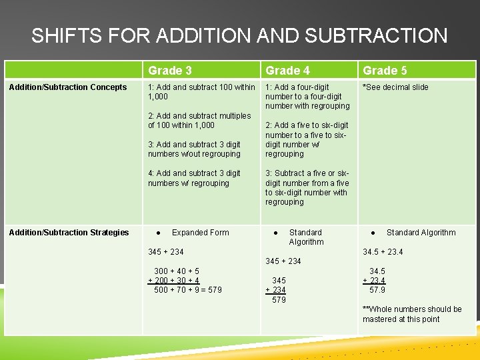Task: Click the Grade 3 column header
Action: point(169,71)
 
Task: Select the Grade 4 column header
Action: point(287,71)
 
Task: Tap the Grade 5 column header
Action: point(385,71)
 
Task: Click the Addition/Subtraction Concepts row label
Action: point(68,87)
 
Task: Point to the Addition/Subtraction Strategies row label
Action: point(69,233)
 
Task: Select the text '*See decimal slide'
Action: point(395,87)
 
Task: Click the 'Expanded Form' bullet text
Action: point(200,233)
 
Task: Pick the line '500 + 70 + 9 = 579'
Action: point(188,290)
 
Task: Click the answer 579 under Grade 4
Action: point(279,300)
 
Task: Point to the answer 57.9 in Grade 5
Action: point(377,290)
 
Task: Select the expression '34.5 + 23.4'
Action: point(383,252)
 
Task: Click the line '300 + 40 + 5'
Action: point(177,271)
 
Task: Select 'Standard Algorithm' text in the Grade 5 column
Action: point(421,233)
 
